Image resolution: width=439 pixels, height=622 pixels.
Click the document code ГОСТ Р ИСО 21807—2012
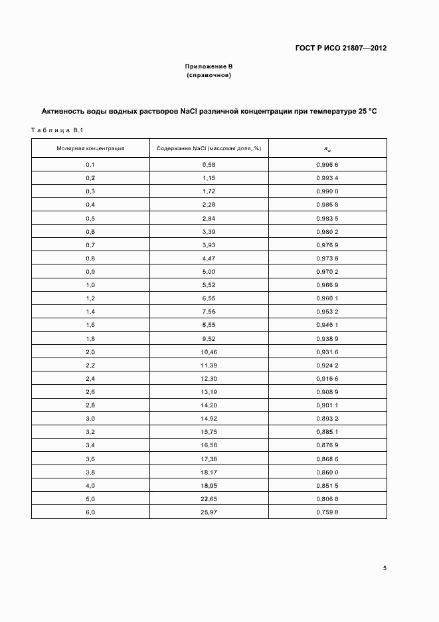pyautogui.click(x=341, y=48)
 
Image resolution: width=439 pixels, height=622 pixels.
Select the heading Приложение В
pyautogui.click(x=209, y=67)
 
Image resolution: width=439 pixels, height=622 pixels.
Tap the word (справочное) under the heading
pyautogui.click(x=209, y=76)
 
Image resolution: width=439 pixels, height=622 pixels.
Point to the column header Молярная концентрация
pyautogui.click(x=90, y=148)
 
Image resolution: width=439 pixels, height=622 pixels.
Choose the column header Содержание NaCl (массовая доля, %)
pyautogui.click(x=209, y=148)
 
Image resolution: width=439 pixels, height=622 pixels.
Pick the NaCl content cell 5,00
pyautogui.click(x=209, y=272)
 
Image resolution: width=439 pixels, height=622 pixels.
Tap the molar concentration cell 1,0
pyautogui.click(x=90, y=285)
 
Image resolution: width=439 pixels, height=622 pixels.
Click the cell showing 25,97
pyautogui.click(x=209, y=512)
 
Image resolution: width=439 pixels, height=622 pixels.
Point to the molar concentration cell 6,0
pyautogui.click(x=90, y=512)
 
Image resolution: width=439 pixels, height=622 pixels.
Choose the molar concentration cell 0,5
pyautogui.click(x=90, y=218)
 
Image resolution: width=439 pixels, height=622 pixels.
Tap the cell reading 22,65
pyautogui.click(x=209, y=498)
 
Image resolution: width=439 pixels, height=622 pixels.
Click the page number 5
pyautogui.click(x=385, y=568)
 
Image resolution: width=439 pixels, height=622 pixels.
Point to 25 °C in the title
pyautogui.click(x=363, y=111)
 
